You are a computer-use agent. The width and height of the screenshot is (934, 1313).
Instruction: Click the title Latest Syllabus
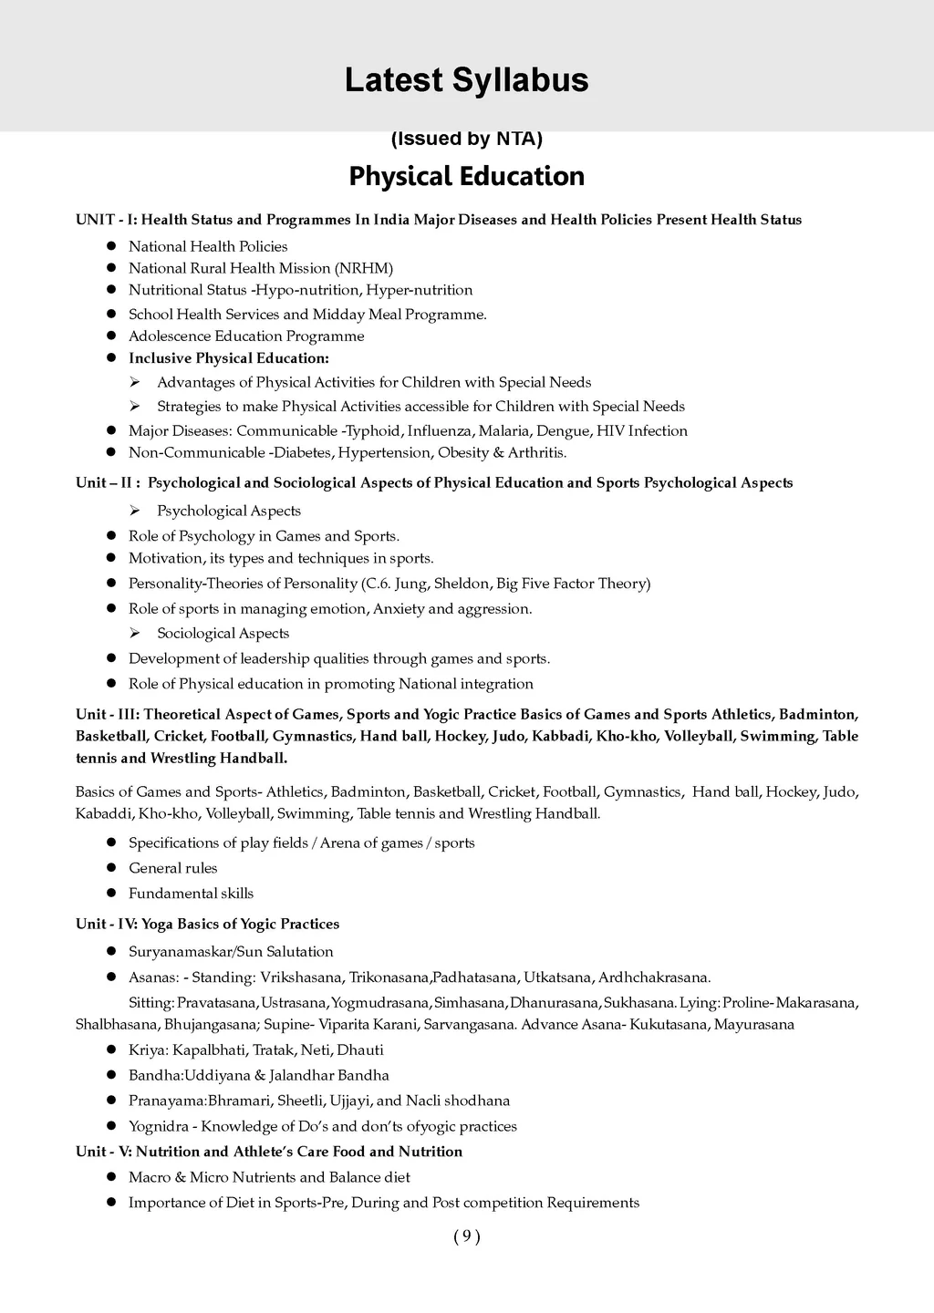click(x=466, y=80)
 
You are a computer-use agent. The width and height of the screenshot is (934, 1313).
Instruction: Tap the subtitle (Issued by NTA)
click(x=466, y=139)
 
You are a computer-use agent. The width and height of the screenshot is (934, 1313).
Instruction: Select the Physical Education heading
click(x=466, y=176)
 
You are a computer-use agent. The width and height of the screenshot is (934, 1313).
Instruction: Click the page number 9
click(x=466, y=1236)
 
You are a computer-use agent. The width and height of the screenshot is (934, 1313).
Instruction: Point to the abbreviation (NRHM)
click(x=363, y=268)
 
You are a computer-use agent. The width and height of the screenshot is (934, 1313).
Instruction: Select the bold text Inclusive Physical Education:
click(x=229, y=358)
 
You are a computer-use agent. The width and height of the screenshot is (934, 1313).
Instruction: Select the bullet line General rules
click(x=173, y=868)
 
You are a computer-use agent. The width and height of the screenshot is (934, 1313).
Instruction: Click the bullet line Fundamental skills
click(x=192, y=894)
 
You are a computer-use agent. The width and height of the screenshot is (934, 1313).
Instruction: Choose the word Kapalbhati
click(x=210, y=1050)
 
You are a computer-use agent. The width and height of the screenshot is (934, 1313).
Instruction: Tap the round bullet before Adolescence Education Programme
click(x=110, y=336)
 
